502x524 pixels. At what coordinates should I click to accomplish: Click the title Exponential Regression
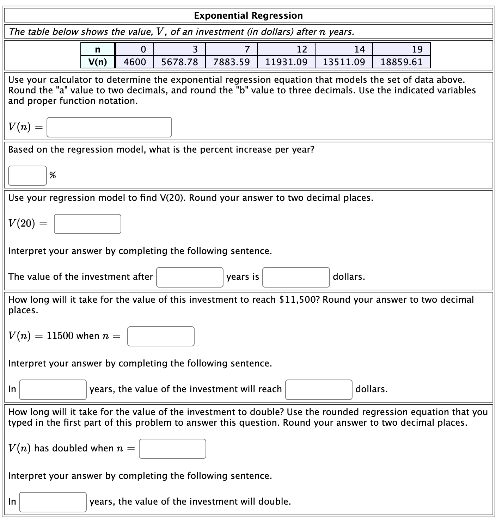coord(248,16)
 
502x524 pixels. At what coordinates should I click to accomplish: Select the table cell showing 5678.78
coord(179,62)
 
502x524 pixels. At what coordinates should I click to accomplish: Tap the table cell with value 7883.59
coord(231,62)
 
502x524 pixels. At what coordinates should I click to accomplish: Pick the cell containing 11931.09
coord(286,62)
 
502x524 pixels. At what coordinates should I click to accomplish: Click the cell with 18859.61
coord(401,62)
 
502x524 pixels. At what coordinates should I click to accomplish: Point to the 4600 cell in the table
coord(135,62)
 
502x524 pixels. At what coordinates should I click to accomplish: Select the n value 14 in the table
coord(359,49)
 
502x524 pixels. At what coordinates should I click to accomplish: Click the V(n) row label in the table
coord(98,62)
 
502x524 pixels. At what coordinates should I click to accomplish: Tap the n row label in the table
coord(98,49)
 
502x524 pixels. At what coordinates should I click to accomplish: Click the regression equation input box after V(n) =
coord(109,127)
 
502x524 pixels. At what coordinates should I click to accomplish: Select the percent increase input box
coord(27,175)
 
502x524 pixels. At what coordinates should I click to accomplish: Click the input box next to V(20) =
coord(87,224)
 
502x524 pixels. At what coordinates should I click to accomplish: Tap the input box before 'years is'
coord(190,277)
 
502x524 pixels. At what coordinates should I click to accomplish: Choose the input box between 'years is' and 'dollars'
coord(296,277)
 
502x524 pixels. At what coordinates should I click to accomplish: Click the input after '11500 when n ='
coord(161,336)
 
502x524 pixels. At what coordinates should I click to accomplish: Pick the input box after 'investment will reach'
coord(319,389)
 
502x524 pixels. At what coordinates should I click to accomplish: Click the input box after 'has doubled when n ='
coord(172,449)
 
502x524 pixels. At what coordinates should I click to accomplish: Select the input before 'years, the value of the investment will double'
coord(53,502)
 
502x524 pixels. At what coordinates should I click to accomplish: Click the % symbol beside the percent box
coord(53,175)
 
